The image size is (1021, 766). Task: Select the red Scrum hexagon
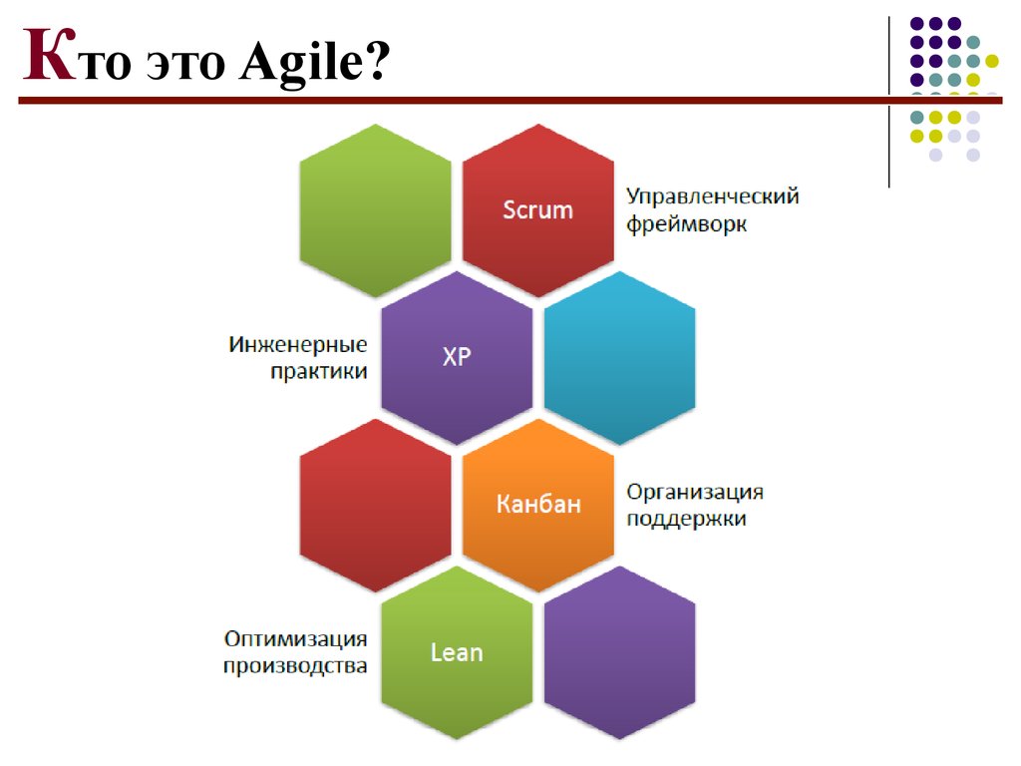537,210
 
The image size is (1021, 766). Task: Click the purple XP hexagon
457,358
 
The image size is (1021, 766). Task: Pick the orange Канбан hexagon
537,505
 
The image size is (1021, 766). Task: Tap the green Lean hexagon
457,652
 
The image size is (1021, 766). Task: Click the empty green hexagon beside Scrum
375,210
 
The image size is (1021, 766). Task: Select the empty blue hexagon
619,358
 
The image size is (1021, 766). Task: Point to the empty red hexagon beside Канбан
375,505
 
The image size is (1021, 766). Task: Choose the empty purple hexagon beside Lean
619,652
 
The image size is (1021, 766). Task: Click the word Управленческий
712,196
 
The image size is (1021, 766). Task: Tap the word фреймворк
686,224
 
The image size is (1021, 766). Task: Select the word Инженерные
297,344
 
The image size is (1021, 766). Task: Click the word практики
319,371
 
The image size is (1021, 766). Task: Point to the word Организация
695,493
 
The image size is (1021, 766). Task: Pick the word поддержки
686,519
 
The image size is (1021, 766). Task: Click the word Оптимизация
295,639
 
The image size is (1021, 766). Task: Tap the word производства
295,666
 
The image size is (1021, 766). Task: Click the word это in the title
185,65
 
